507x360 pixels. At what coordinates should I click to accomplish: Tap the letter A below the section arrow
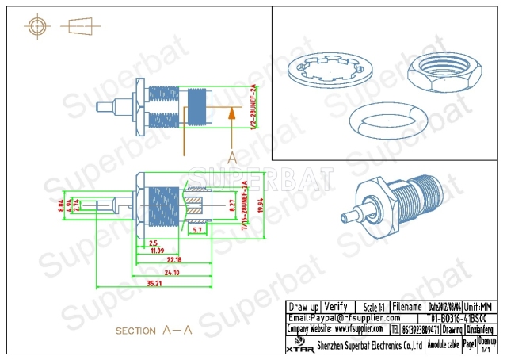(231, 158)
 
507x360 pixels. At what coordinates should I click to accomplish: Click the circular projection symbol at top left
(37, 26)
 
